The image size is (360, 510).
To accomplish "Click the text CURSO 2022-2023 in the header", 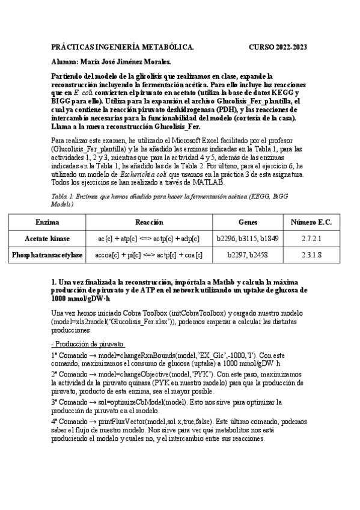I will (x=278, y=46).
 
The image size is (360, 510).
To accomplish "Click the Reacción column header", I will (x=150, y=222).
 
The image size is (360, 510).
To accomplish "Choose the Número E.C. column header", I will (x=311, y=222).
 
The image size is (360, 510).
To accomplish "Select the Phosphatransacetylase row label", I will (x=47, y=255).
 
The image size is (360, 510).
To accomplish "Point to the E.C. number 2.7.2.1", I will (x=311, y=238).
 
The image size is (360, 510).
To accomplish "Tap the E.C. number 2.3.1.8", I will (x=311, y=255).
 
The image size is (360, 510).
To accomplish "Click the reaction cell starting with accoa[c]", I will (x=150, y=255).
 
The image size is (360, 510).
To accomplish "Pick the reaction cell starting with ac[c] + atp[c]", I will (x=150, y=238).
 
